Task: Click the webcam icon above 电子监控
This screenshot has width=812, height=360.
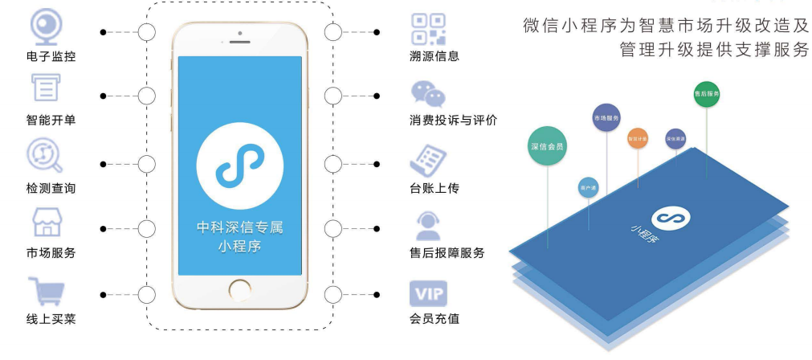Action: click(x=47, y=27)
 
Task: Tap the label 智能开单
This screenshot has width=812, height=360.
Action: click(x=51, y=121)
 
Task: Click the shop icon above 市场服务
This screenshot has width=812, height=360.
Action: click(x=47, y=222)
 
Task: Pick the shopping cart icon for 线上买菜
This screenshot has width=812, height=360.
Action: click(x=46, y=291)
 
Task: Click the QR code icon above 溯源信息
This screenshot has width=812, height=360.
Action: click(x=428, y=28)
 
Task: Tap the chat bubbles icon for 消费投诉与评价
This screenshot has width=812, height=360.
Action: click(x=428, y=94)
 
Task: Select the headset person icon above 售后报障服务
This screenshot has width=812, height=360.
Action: click(x=427, y=226)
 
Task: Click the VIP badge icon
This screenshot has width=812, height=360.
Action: click(x=428, y=292)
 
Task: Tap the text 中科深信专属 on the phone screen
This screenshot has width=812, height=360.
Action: click(x=239, y=227)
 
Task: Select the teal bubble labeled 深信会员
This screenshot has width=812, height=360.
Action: click(x=547, y=145)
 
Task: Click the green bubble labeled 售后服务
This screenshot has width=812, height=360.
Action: click(x=706, y=94)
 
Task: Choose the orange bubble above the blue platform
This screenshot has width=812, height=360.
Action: click(x=637, y=138)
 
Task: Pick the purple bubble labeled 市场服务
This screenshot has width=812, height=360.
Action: click(x=606, y=118)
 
